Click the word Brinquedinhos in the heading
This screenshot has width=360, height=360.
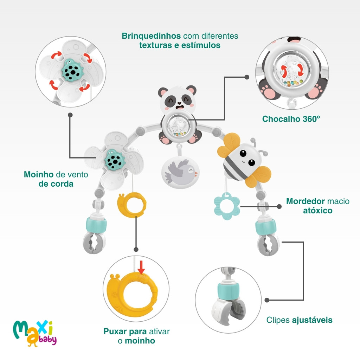151,36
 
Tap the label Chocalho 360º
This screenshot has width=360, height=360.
291,119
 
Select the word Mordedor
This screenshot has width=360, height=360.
305,201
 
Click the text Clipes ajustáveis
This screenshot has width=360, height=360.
299,320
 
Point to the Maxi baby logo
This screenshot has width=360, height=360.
34,332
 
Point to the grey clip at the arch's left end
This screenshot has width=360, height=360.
94,242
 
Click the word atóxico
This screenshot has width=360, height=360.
317,211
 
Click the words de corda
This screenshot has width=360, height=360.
56,184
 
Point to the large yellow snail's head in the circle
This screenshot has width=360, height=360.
117,282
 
